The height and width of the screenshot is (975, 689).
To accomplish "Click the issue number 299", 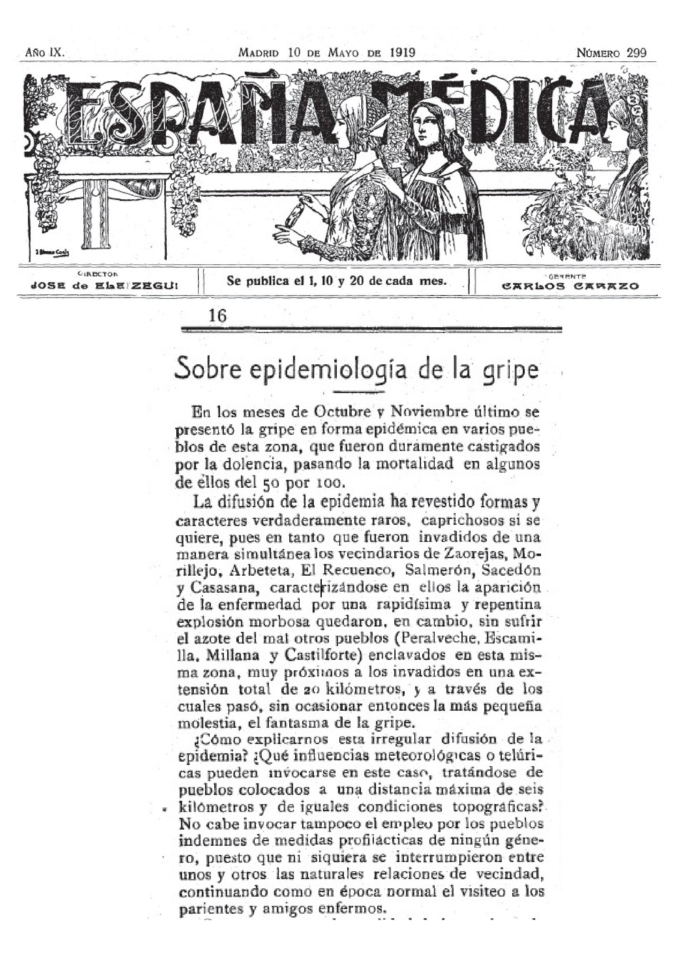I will tap(637, 53).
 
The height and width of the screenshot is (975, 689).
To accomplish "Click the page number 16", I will tap(218, 316).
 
